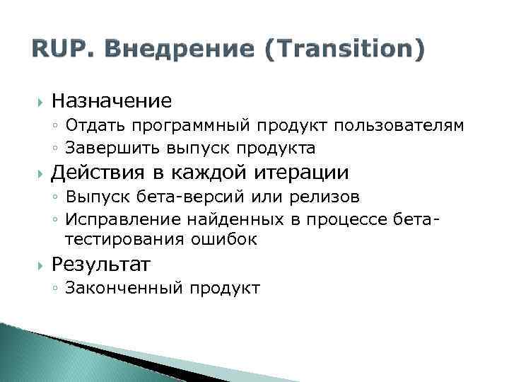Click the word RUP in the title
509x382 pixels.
pyautogui.click(x=56, y=50)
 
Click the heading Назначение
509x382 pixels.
pyautogui.click(x=111, y=101)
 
